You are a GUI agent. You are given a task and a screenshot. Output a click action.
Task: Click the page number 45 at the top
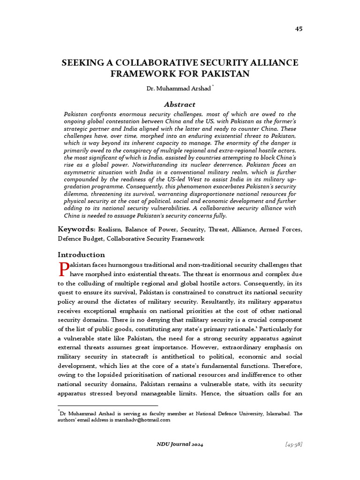click(299, 29)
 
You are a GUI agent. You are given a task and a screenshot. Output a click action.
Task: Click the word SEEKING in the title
click(82, 63)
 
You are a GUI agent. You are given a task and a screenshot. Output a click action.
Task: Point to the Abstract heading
click(180, 105)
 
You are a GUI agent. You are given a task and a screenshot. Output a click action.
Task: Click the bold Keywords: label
click(77, 229)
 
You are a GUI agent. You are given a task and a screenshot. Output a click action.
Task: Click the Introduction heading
click(81, 255)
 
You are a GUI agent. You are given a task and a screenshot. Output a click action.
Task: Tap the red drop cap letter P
click(63, 269)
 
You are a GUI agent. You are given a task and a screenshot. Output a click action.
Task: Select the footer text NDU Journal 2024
click(180, 444)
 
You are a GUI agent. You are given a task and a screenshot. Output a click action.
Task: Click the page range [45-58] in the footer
click(293, 444)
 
